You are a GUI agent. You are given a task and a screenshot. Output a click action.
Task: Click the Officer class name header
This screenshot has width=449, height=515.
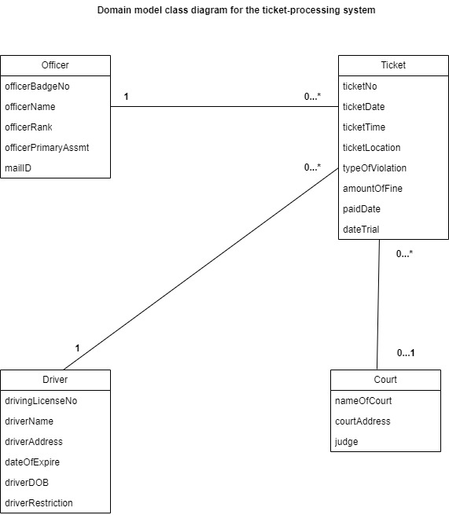click(x=55, y=65)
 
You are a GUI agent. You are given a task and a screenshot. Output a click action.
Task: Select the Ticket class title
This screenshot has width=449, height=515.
click(x=393, y=65)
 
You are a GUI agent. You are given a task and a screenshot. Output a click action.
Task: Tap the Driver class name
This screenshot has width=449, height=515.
click(x=55, y=380)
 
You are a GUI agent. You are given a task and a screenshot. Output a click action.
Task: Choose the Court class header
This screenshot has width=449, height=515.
click(x=385, y=380)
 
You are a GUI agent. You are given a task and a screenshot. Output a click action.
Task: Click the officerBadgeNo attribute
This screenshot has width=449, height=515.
click(x=37, y=86)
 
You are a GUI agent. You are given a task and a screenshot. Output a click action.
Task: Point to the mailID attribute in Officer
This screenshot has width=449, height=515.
click(x=18, y=168)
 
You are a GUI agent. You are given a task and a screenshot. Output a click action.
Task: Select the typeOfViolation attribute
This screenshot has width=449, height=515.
click(x=374, y=168)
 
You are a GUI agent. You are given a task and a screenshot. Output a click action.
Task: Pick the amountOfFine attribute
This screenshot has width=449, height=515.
click(x=373, y=189)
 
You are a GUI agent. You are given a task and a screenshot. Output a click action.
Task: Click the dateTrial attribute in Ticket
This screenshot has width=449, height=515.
click(x=361, y=230)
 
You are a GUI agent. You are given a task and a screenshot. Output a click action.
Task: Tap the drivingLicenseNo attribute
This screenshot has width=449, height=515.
click(x=41, y=401)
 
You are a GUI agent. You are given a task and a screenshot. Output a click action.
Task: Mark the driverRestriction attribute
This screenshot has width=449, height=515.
click(x=39, y=503)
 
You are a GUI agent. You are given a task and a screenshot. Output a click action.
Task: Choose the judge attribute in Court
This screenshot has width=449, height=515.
click(x=346, y=442)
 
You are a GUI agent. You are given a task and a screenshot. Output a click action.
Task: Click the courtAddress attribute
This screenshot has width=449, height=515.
click(x=363, y=421)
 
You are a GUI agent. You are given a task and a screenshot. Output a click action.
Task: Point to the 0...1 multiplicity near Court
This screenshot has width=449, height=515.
click(x=406, y=353)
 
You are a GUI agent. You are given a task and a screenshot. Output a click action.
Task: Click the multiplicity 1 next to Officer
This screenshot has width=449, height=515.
click(x=126, y=97)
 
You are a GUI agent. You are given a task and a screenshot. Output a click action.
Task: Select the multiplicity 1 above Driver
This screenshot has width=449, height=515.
click(x=78, y=348)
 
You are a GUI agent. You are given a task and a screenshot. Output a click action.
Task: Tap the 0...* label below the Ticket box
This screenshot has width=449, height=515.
click(x=404, y=253)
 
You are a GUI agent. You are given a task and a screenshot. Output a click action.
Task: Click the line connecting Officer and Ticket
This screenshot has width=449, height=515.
click(x=224, y=106)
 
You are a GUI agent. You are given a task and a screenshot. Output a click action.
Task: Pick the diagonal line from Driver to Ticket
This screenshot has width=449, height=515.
click(x=201, y=269)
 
